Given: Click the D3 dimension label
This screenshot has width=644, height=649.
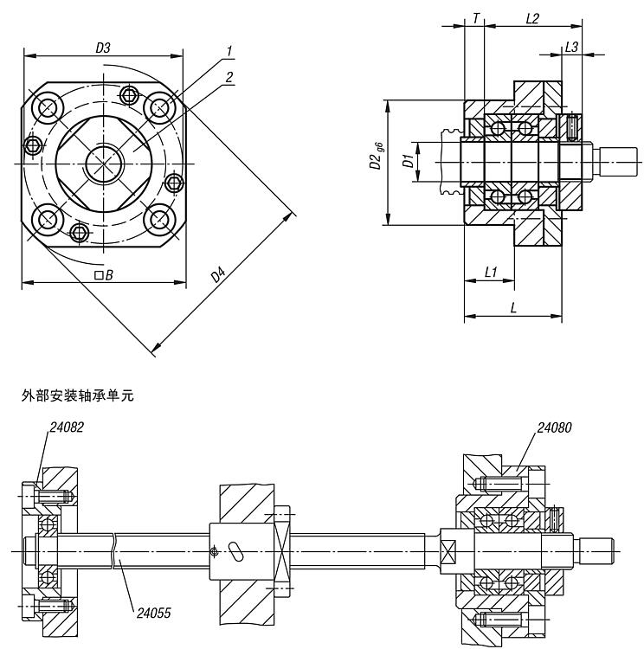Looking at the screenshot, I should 102,48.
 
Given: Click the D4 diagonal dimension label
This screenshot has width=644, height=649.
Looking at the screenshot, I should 219,276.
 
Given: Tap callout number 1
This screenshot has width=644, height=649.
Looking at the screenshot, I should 229,52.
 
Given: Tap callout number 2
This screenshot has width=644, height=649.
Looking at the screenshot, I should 229,77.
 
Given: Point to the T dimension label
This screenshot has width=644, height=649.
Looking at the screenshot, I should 475,18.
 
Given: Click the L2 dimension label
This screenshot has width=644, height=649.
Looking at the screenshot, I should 532,18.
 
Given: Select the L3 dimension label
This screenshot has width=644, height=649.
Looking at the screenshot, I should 571,48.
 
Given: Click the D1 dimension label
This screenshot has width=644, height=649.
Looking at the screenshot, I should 406,161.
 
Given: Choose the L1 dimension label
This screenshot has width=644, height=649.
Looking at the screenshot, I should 490,272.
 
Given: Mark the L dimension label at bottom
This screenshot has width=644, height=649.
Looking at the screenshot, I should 514,308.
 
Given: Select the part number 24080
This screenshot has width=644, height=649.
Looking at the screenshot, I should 554,427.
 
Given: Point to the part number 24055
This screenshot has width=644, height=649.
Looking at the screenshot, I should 153,613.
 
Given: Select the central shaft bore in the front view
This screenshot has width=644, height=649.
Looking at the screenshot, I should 103,163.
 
